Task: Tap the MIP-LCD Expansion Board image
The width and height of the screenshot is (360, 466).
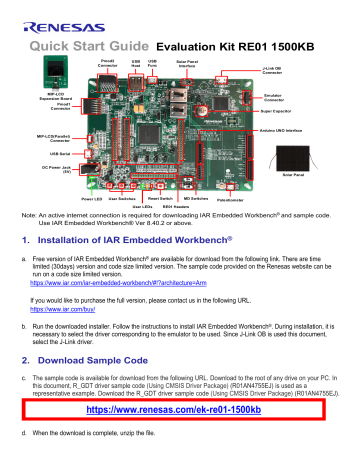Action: (48, 72)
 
